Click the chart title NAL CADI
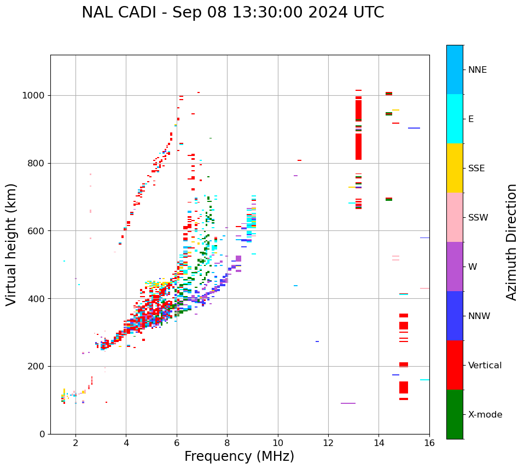232,13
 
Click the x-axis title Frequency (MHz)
239,456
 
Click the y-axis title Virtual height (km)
11,245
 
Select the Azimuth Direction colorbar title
511,242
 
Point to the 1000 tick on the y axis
34,96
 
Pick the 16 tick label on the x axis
429,443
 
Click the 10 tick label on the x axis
278,443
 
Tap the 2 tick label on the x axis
75,443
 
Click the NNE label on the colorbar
478,70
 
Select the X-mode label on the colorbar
485,415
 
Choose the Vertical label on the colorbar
485,366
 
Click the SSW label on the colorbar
478,218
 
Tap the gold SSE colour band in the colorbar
455,168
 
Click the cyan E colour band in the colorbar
455,119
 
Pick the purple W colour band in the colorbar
455,267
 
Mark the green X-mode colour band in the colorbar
455,414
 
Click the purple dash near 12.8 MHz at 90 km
348,403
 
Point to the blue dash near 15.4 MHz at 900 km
414,128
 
